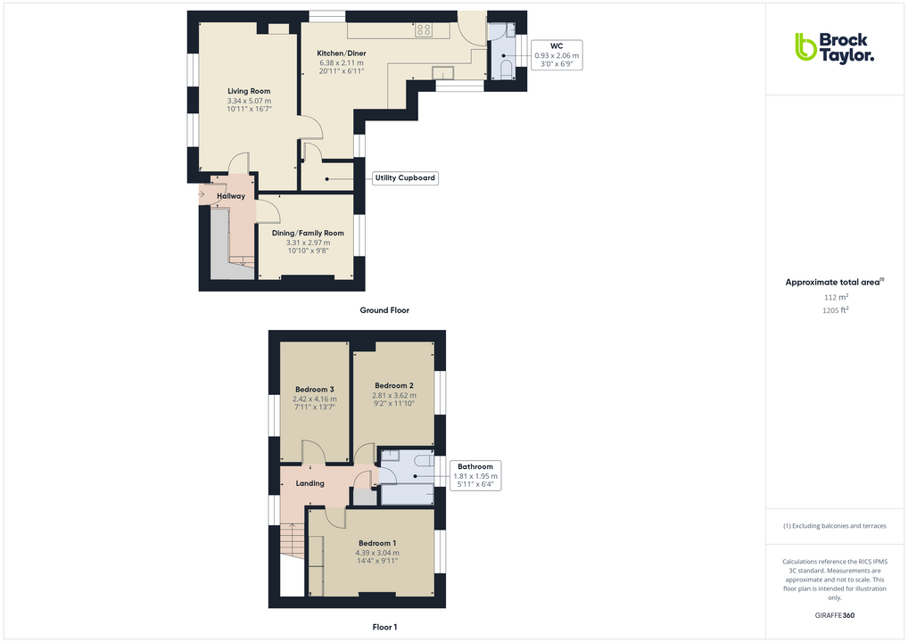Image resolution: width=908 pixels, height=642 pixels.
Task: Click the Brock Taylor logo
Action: pyautogui.click(x=833, y=46)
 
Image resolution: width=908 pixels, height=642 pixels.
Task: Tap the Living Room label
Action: pyautogui.click(x=249, y=91)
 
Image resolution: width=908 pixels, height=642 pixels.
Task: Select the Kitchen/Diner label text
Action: pyautogui.click(x=342, y=53)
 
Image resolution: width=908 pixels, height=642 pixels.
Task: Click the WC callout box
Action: pyautogui.click(x=556, y=54)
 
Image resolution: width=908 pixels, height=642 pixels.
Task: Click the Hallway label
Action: pyautogui.click(x=230, y=196)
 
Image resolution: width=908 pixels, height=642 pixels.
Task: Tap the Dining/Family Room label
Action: pyautogui.click(x=308, y=234)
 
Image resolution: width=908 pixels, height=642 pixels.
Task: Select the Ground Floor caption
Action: pyautogui.click(x=384, y=310)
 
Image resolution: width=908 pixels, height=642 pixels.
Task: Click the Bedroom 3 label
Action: pyautogui.click(x=315, y=390)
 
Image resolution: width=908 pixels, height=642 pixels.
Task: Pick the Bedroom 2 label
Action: pyautogui.click(x=393, y=386)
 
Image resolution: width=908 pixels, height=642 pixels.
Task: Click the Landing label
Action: pyautogui.click(x=310, y=484)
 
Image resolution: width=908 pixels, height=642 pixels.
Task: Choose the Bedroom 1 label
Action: pyautogui.click(x=377, y=543)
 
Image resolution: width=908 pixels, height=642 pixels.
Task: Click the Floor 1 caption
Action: pyautogui.click(x=384, y=628)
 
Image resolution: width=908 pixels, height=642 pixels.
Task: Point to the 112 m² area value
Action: pyautogui.click(x=835, y=297)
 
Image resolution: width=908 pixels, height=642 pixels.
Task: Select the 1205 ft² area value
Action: pyautogui.click(x=835, y=310)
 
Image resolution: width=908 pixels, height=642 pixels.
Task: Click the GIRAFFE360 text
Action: pyautogui.click(x=835, y=615)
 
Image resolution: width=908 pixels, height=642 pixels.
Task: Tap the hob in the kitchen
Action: pyautogui.click(x=424, y=30)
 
